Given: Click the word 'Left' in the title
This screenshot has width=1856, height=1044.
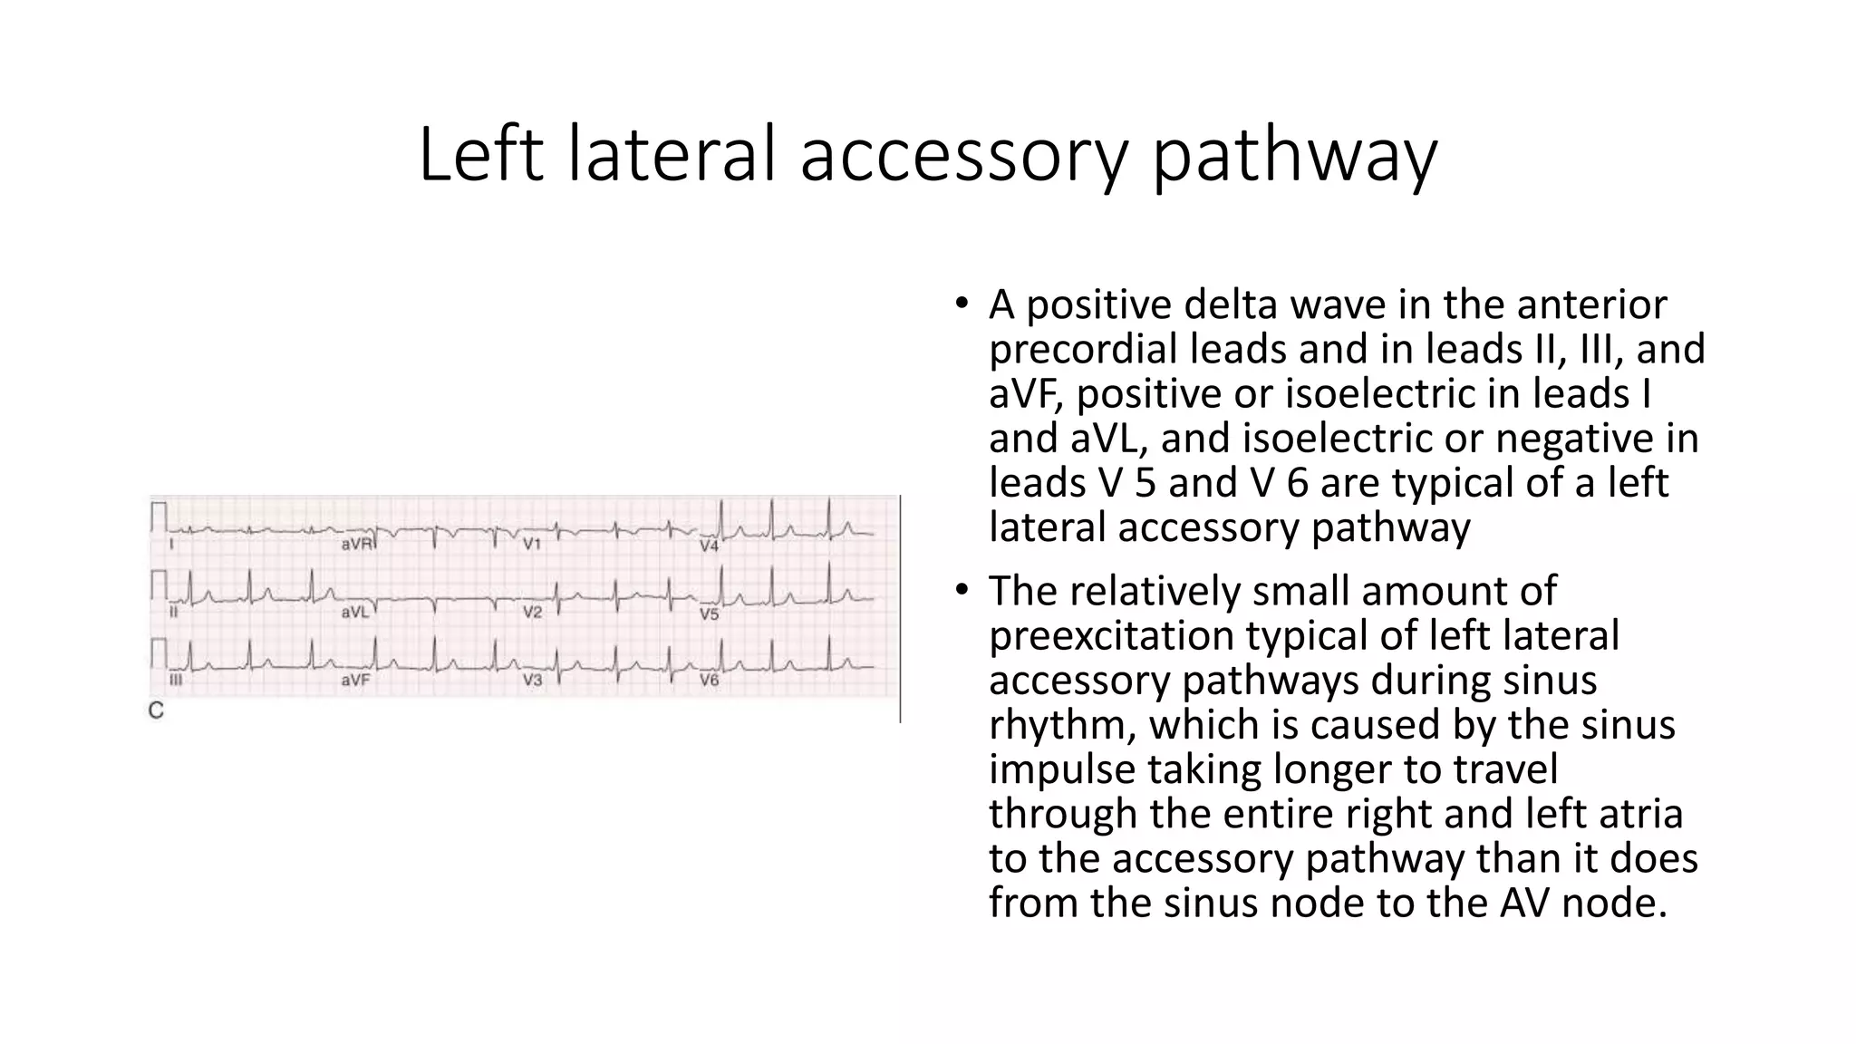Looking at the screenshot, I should (x=480, y=156).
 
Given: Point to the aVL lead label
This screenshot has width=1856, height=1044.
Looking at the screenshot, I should (x=355, y=613).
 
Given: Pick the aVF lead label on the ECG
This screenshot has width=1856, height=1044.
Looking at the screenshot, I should (x=355, y=680).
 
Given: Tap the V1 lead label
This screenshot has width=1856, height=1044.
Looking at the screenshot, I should (x=532, y=545).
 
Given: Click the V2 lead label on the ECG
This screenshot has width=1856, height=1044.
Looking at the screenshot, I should (x=532, y=613).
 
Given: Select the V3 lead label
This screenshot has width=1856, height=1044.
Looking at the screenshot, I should (x=532, y=680).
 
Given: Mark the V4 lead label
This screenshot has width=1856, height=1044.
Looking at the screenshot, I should (x=709, y=546).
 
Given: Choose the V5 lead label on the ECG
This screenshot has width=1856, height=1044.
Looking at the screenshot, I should (x=709, y=614).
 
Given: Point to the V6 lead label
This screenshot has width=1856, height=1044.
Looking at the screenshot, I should (x=709, y=680).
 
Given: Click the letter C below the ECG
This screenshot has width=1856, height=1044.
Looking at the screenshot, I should (x=156, y=711).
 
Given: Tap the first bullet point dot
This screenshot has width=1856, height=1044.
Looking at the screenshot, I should (x=962, y=304).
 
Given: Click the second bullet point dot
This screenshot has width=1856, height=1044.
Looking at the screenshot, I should (x=962, y=590).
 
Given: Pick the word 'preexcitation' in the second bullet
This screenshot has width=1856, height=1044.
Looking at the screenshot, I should (x=1109, y=635).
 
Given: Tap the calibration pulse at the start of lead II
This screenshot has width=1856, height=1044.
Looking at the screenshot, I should (x=160, y=584).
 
